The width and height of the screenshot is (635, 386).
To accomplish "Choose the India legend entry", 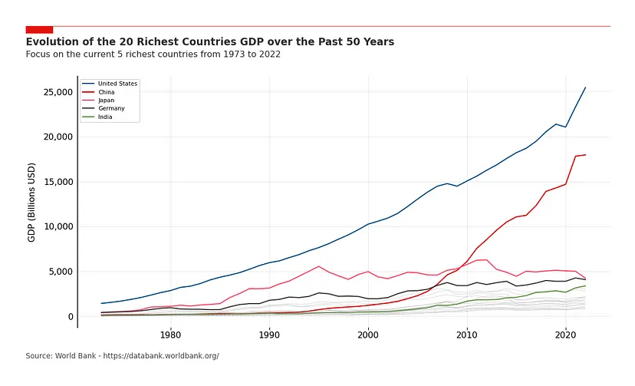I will tap(105, 117).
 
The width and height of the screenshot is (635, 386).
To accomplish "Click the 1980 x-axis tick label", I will tap(170, 335).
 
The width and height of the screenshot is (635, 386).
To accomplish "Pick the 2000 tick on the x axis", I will tap(368, 335).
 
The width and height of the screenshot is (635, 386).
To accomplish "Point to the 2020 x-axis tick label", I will tap(566, 335).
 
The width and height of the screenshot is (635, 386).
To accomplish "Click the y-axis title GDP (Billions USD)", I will tap(31, 202).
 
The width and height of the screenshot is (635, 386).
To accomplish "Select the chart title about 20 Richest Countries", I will tap(209, 41).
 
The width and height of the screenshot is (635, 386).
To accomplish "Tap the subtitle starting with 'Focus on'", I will tap(153, 54).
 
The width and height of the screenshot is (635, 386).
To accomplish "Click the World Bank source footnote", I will tap(122, 356).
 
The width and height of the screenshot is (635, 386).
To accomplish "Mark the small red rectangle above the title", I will tap(39, 29).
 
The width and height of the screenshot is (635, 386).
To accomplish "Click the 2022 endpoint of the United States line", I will tap(585, 87).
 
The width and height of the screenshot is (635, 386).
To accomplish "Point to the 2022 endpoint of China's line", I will tap(585, 155).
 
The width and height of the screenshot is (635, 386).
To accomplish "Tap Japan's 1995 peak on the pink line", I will tap(318, 266).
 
